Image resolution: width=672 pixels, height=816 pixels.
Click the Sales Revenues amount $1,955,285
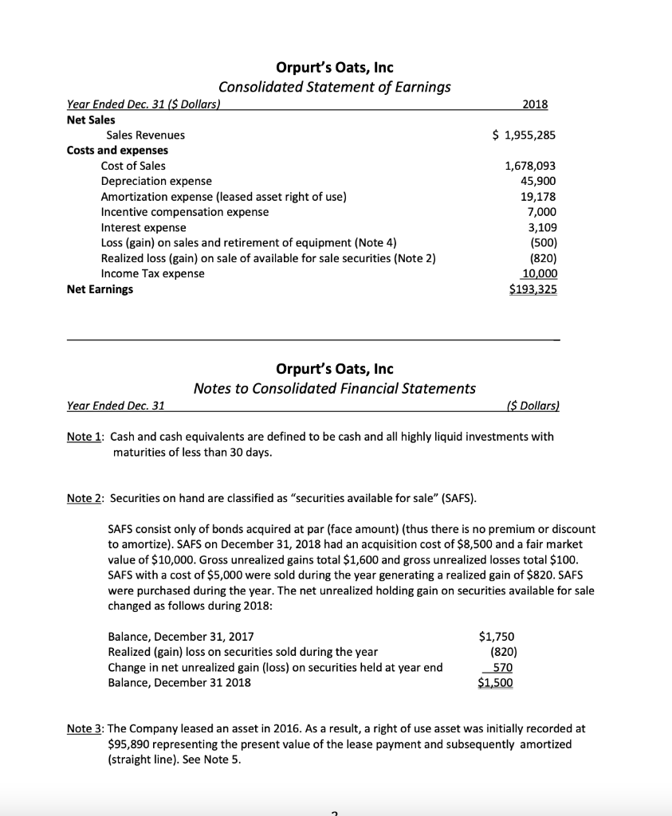tap(525, 135)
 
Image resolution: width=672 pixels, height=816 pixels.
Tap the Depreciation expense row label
tap(151, 181)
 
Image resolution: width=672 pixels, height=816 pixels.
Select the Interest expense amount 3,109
tap(540, 227)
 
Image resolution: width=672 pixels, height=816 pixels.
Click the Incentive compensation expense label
tap(184, 212)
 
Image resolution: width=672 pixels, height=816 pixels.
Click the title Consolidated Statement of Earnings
tap(334, 87)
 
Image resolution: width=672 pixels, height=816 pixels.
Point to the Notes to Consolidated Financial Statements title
tap(335, 388)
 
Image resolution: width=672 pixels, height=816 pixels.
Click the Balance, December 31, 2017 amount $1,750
tap(496, 636)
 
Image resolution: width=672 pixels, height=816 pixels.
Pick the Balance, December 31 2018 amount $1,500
tap(496, 683)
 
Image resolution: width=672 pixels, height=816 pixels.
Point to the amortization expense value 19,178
tap(537, 196)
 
